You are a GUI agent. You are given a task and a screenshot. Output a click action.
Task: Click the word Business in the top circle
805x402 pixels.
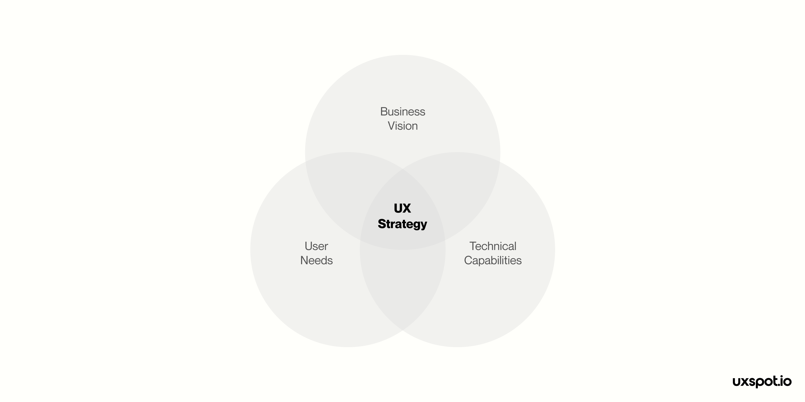pyautogui.click(x=402, y=112)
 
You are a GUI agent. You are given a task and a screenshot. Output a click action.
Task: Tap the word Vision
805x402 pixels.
pyautogui.click(x=402, y=126)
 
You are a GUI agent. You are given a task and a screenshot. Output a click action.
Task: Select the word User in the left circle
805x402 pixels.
pyautogui.click(x=316, y=246)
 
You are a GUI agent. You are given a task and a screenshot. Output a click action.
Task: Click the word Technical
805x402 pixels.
pyautogui.click(x=493, y=246)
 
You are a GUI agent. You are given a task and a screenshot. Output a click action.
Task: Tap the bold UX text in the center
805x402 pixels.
pyautogui.click(x=402, y=209)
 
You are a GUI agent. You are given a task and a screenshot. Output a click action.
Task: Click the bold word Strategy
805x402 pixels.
pyautogui.click(x=402, y=224)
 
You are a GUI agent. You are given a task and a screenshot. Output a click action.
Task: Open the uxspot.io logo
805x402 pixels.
pyautogui.click(x=762, y=382)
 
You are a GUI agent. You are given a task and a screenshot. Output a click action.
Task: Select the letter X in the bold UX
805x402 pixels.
pyautogui.click(x=406, y=209)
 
